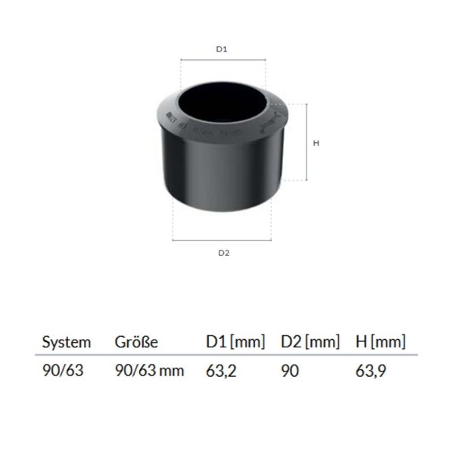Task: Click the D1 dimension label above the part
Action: pos(222,49)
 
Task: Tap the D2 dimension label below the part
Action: pos(223,253)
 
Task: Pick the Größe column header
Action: pos(135,342)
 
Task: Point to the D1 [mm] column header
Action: pos(235,342)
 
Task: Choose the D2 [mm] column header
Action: pos(309,342)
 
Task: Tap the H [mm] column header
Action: pos(381,342)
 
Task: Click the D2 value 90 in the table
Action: pos(291,372)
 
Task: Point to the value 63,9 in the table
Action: pos(371,372)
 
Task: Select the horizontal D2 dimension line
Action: pos(223,241)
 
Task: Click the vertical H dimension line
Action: pos(306,142)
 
